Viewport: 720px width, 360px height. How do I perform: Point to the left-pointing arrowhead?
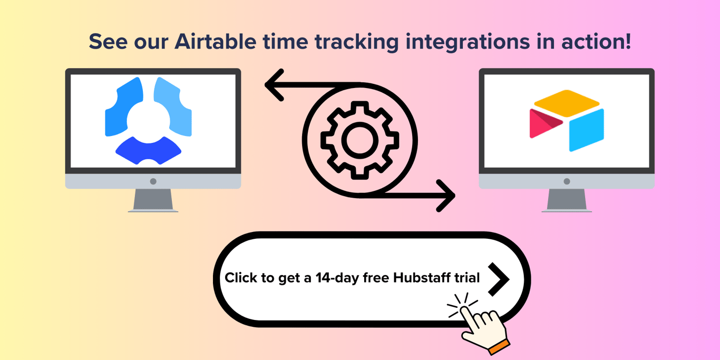(x=274, y=85)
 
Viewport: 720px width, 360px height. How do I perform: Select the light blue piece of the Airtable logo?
(x=587, y=129)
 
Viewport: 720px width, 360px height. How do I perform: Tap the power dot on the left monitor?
(x=153, y=181)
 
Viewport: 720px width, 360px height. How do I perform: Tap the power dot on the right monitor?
(x=567, y=181)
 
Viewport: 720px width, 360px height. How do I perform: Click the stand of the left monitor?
(x=153, y=200)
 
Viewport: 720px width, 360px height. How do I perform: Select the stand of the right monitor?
(x=567, y=200)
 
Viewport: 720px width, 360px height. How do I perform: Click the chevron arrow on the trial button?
(x=498, y=278)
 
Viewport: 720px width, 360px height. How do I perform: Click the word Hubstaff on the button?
(x=421, y=278)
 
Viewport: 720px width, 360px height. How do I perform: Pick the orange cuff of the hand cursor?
(x=498, y=347)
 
